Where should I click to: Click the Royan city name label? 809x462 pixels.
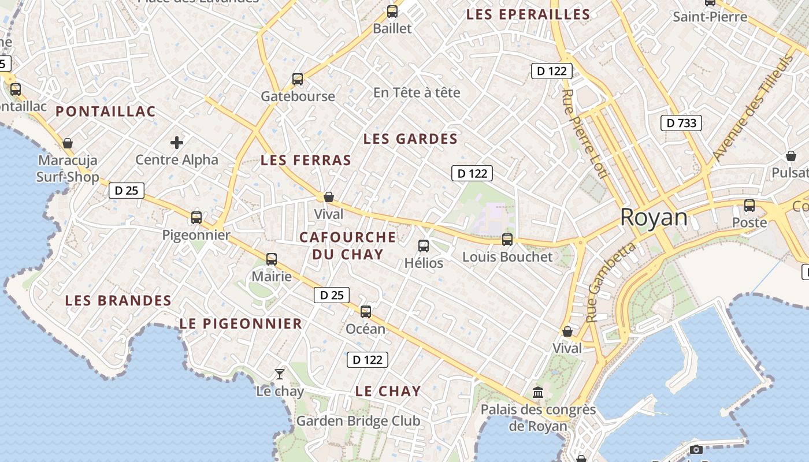point(654,218)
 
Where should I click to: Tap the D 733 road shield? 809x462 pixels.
point(681,122)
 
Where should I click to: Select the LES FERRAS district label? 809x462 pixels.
point(306,160)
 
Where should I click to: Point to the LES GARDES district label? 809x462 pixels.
point(410,139)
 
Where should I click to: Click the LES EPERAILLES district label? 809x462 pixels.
point(528,14)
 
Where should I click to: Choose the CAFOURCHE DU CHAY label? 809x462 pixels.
point(348,245)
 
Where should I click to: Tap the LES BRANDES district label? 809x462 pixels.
point(118,300)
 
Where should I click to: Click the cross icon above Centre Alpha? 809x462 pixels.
point(177,142)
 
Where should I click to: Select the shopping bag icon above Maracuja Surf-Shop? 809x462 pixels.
point(68,143)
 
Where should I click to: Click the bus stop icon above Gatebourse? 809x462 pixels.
point(298,79)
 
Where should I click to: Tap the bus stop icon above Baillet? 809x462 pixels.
point(392,11)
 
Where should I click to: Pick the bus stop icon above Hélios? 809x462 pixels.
point(424,246)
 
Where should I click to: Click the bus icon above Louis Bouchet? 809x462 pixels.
point(507,239)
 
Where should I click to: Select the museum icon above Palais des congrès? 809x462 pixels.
point(538,392)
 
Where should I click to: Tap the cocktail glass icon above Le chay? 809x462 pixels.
point(280,374)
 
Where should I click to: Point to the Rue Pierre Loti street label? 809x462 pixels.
point(582,133)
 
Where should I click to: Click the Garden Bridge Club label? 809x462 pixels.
point(358,421)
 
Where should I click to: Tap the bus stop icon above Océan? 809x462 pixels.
point(366,312)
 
